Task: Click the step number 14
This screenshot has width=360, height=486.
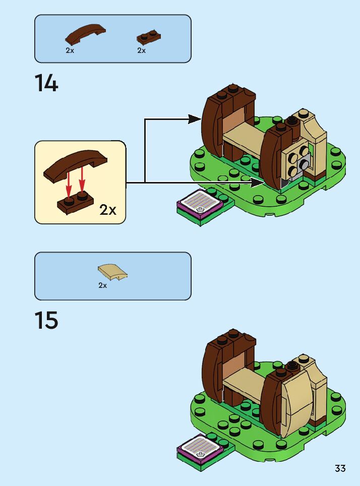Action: (46, 83)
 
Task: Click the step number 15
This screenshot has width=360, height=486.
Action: (46, 321)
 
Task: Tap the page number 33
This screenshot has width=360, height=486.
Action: (340, 468)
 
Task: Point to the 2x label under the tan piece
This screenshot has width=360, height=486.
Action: (102, 285)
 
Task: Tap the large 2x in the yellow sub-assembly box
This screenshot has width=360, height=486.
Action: (108, 210)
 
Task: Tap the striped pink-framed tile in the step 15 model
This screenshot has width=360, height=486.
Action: (199, 445)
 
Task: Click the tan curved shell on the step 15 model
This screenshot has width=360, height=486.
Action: (296, 398)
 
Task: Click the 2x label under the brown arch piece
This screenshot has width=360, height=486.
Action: (70, 50)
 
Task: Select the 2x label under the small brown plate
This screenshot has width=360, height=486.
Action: (141, 50)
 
